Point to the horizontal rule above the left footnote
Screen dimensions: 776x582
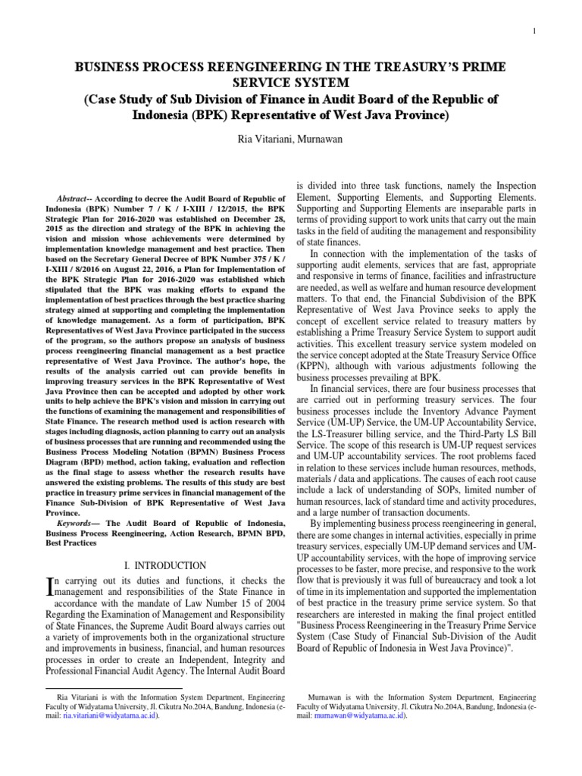[114, 689]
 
